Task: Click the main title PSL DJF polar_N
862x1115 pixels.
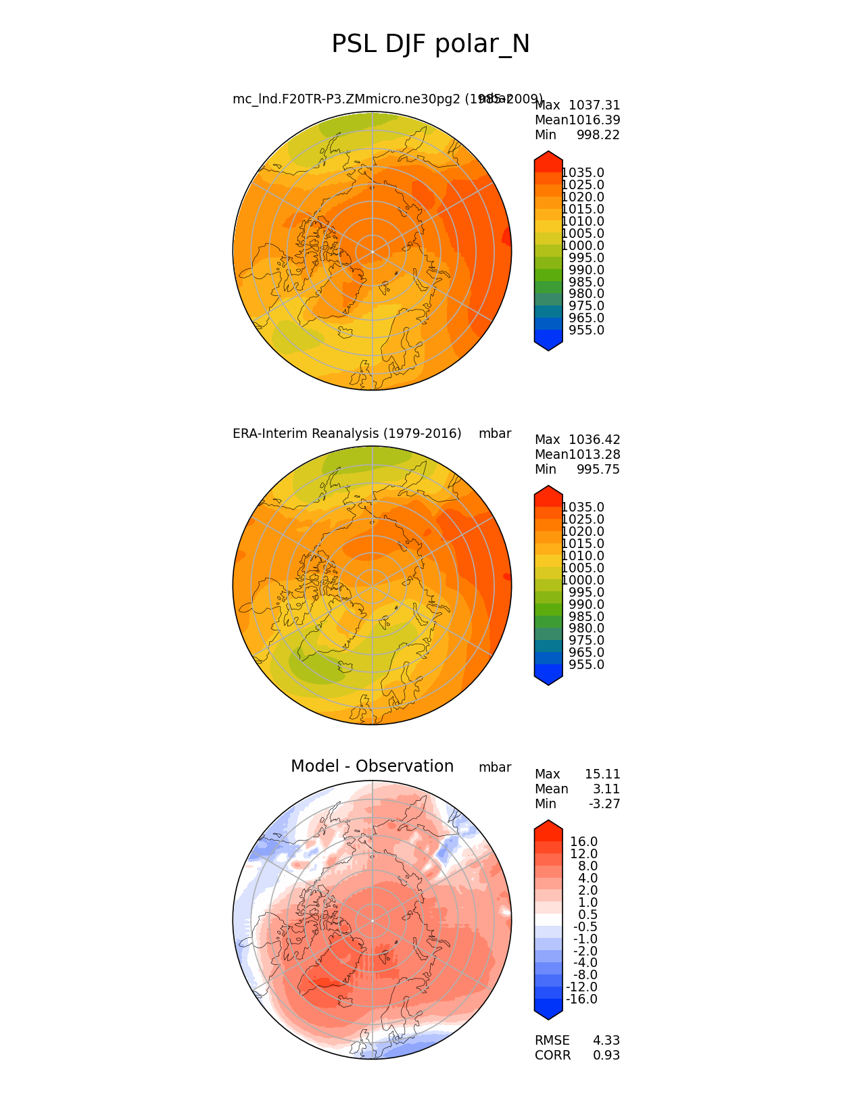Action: [x=431, y=45]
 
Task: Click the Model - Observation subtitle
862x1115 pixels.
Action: [x=372, y=766]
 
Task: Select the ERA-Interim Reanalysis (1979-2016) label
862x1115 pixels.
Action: [x=347, y=434]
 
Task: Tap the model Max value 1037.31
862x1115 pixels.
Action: [x=594, y=105]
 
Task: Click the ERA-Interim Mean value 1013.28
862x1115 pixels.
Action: [x=594, y=455]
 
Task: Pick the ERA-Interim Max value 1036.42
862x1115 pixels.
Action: [x=594, y=440]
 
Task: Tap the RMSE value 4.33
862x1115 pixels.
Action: [x=606, y=1041]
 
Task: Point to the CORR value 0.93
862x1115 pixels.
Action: [x=606, y=1056]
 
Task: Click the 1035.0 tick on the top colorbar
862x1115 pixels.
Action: [x=583, y=173]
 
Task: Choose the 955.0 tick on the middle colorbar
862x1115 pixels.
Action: [x=586, y=665]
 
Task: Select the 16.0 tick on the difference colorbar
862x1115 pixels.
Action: [x=583, y=842]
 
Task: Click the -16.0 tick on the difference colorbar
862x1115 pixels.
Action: [x=581, y=999]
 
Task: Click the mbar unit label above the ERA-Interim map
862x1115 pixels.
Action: [x=495, y=434]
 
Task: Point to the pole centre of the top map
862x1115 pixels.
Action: [x=372, y=251]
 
